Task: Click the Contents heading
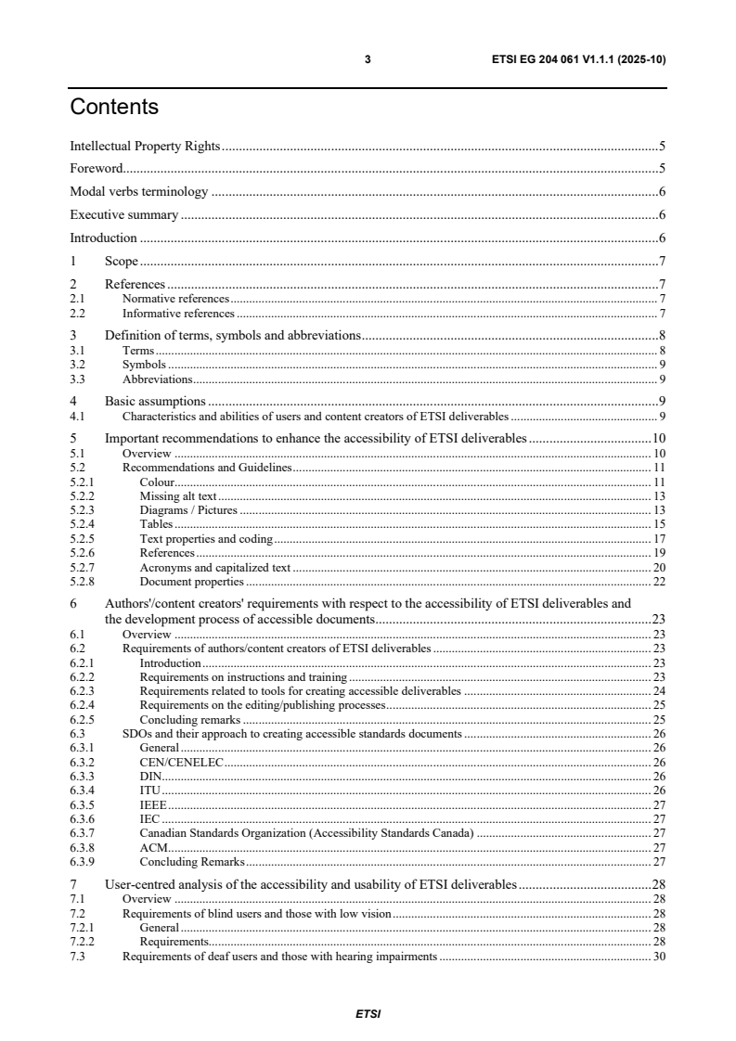[114, 108]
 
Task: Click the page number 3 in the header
[368, 59]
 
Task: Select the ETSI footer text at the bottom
[368, 1014]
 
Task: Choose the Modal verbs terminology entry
[138, 192]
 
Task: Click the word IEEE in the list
[153, 804]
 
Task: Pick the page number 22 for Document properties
[660, 582]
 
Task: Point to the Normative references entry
[175, 299]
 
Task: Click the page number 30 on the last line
[660, 957]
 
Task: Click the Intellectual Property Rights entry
[145, 146]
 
